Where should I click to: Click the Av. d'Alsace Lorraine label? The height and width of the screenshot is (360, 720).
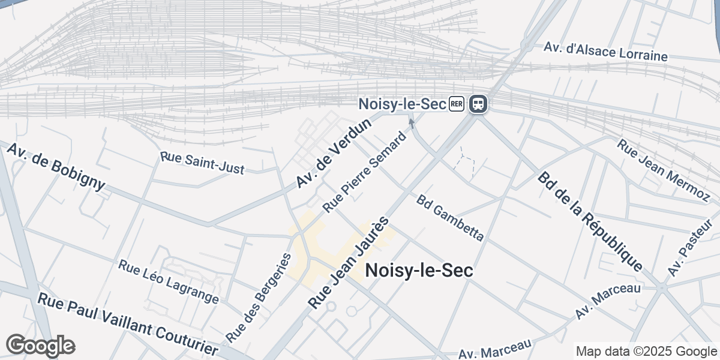605,52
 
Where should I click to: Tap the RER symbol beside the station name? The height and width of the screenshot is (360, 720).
456,104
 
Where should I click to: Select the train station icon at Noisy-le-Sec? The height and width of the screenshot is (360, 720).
478,104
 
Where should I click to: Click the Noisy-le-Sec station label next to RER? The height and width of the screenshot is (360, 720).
402,104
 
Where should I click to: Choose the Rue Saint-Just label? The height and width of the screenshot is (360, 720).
202,163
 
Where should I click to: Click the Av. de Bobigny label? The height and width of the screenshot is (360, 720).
56,166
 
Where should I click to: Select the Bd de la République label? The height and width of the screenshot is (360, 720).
590,221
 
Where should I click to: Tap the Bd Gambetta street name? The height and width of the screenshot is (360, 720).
449,217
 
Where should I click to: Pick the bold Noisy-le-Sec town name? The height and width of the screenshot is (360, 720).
419,271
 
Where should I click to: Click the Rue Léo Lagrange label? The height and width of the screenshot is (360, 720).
168,281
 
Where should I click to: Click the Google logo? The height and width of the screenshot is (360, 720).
40,346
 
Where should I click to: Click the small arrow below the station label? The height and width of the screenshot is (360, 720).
412,123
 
